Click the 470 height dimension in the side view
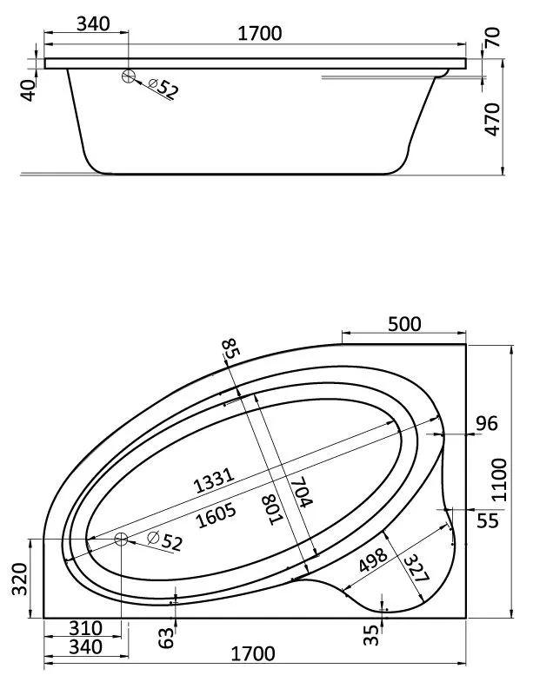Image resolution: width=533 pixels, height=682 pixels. (x=492, y=119)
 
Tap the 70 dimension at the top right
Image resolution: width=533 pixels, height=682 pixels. (x=492, y=37)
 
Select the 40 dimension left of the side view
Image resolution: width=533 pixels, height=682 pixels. (x=29, y=90)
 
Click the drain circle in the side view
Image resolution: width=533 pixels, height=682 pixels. (x=129, y=76)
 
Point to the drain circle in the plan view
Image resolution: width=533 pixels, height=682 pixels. (x=121, y=540)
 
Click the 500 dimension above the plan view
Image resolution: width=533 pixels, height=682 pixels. (x=404, y=324)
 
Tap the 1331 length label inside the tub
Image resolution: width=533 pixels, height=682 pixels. (x=214, y=480)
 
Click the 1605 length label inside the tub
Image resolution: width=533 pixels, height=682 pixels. (x=217, y=515)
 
